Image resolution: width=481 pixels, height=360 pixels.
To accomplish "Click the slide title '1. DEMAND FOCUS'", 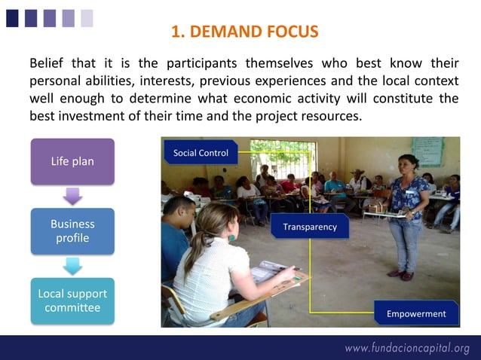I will (245, 32).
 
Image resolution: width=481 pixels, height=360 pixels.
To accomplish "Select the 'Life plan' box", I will (72, 161).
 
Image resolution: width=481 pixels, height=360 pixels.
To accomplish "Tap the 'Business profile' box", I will (72, 231).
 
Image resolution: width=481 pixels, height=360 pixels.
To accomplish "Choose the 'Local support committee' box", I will (72, 301).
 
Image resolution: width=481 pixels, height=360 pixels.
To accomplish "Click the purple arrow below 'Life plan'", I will (72, 196).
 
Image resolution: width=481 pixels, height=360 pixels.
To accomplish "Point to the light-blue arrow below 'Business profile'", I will (72, 266).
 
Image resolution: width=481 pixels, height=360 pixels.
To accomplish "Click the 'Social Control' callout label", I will (201, 153).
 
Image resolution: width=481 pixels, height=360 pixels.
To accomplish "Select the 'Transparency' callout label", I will (310, 227).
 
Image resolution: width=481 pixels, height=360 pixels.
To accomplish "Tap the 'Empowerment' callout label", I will (416, 313).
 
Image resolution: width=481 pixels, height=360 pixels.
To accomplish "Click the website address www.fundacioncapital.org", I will (407, 348).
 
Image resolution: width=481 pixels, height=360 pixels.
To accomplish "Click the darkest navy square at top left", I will (12, 17).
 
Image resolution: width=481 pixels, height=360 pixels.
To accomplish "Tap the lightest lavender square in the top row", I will (87, 17).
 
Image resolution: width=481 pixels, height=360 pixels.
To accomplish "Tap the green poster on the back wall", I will (427, 151).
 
